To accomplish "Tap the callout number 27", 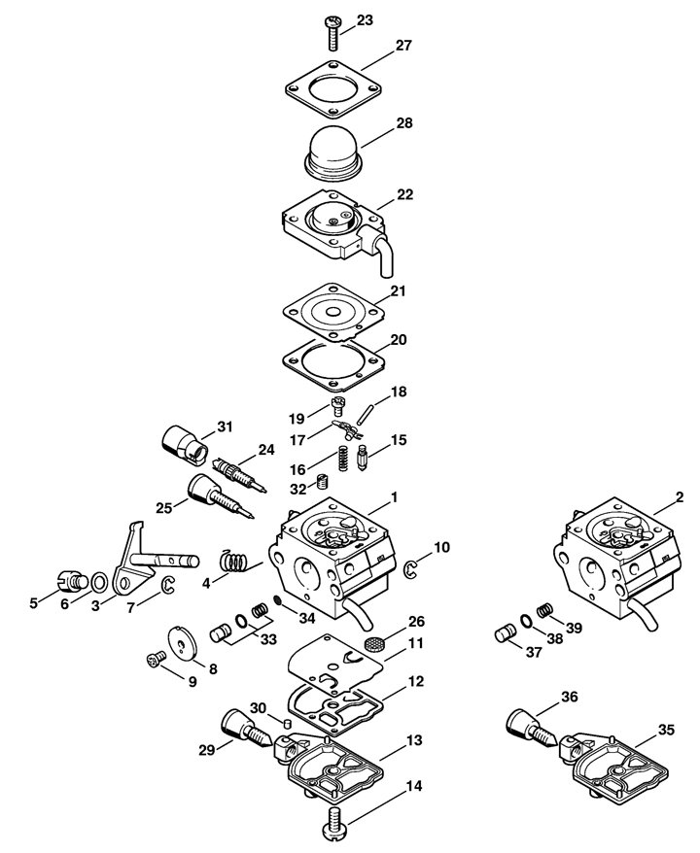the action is point(403,45).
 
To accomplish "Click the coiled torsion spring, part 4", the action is point(234,561).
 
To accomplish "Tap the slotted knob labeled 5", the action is point(72,580).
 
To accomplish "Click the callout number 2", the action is point(679,496).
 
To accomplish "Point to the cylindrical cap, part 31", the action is point(186,445).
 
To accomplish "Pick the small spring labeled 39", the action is point(543,611).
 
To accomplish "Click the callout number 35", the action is point(666,730).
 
